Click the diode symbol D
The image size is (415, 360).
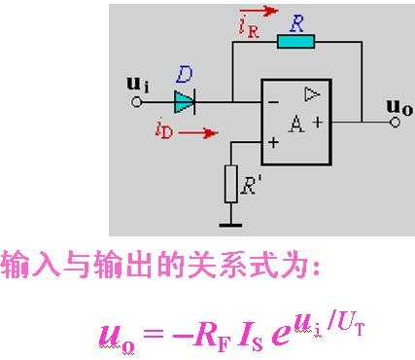point(185,102)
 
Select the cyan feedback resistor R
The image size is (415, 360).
point(295,42)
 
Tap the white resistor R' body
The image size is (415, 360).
point(231,184)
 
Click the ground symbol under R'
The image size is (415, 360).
point(230,225)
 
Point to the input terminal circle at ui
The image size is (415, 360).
point(137,102)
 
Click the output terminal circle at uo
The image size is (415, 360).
point(395,123)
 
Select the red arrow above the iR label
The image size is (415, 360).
point(263,11)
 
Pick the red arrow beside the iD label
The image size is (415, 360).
point(198,132)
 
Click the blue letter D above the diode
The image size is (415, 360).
point(185,75)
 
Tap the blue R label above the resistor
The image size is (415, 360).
point(297,23)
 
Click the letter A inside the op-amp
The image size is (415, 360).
point(296,124)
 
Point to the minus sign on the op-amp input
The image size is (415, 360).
point(274,103)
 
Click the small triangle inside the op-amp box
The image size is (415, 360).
point(312,94)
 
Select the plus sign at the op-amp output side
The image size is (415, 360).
point(318,122)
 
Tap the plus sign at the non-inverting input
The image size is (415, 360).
point(274,142)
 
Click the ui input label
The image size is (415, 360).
point(138,85)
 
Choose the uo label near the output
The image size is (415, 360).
point(399,107)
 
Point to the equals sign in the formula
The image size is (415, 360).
point(154,333)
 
